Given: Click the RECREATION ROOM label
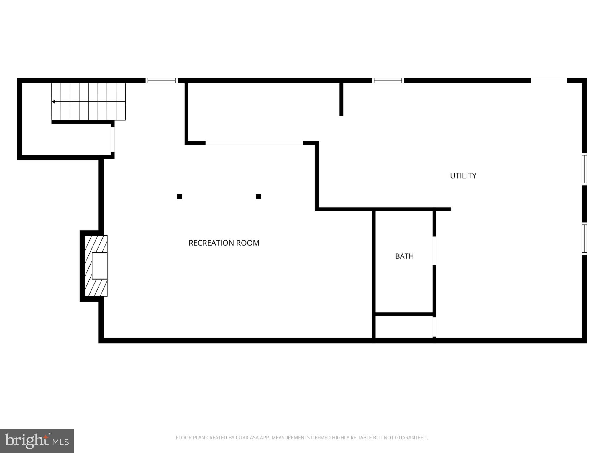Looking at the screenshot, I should tap(224, 243).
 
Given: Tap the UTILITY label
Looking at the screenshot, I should tap(463, 176).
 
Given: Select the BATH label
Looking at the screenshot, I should tap(404, 256).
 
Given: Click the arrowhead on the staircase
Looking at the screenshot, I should tap(53, 102).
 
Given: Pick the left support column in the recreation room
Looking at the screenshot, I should tap(179, 196).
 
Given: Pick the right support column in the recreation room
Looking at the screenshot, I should tap(258, 196).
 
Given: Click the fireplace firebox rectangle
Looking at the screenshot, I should tap(100, 266).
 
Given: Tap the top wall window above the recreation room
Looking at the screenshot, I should tap(162, 81).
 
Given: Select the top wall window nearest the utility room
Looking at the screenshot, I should tap(388, 81).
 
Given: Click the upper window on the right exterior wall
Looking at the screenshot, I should tap(584, 169).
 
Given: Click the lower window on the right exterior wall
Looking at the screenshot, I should tap(584, 239).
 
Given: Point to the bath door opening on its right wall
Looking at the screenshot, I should tap(434, 250).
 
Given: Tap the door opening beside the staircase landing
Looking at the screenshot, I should tap(113, 139).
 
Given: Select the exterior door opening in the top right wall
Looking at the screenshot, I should tap(549, 80).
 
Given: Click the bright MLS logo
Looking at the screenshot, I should tap(37, 441).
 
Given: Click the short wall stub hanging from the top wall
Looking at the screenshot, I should tap(341, 99).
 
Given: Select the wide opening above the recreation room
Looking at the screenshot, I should tap(254, 143).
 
